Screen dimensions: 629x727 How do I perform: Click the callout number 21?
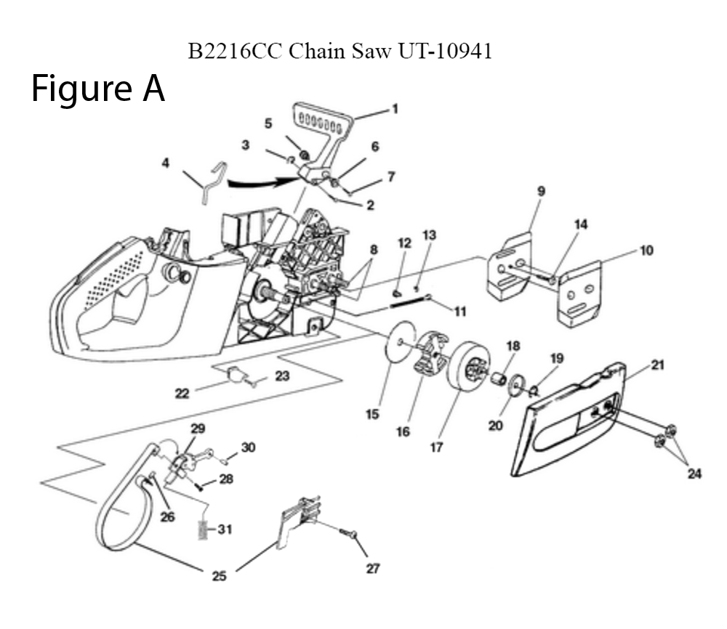pos(657,365)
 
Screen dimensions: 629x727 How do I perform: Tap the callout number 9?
pos(541,191)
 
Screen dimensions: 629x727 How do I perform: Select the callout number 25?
pos(219,577)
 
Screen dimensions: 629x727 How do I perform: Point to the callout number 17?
pos(436,448)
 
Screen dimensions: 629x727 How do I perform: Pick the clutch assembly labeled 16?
pos(428,354)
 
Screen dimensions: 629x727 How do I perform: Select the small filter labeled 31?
pos(204,529)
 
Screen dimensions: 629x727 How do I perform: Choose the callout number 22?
pos(182,393)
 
